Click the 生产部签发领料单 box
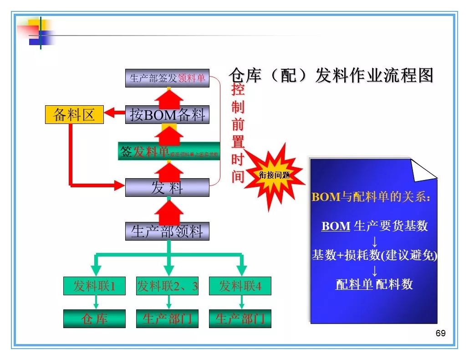pos(167,78)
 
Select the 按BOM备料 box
pos(167,114)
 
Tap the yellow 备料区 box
pos(74,114)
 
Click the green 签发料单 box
pos(168,151)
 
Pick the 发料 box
pos(167,187)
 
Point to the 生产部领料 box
pos(167,231)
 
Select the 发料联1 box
pos(94,286)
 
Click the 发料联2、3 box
pos(167,286)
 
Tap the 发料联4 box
pos(240,286)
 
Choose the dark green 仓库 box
pos(94,319)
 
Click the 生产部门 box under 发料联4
pos(240,319)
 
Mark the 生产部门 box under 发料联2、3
pos(167,319)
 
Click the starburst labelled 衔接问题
pos(274,175)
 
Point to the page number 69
pos(440,333)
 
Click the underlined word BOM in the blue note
pos(336,226)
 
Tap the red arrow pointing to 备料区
pos(114,112)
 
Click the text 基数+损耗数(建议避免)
pos(374,255)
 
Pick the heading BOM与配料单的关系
pos(371,197)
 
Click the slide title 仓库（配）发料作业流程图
pos(331,75)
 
